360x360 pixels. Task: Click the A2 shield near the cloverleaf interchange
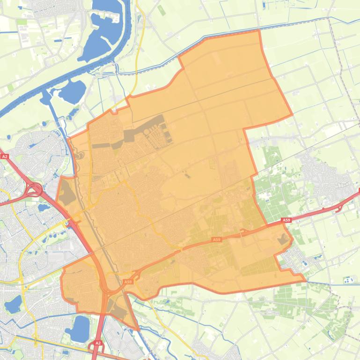click(5, 156)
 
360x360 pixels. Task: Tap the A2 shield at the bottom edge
click(98, 343)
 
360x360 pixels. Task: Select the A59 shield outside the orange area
click(287, 220)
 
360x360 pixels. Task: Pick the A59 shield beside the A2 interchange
click(128, 282)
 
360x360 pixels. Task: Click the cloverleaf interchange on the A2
click(34, 190)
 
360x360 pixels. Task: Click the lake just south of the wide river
click(72, 91)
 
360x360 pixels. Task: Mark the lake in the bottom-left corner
click(13, 304)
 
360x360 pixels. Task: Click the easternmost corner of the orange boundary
click(306, 281)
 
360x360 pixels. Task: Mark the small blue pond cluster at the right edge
click(348, 280)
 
